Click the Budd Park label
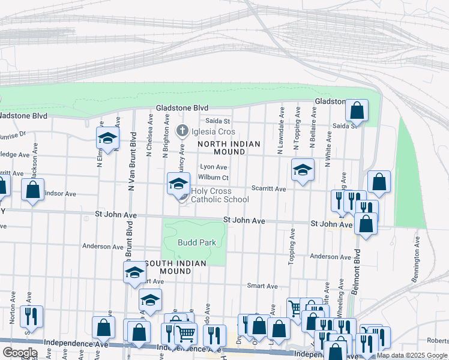click(196, 242)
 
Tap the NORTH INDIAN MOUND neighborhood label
click(229, 148)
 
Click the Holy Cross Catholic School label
click(220, 196)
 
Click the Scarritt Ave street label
click(268, 188)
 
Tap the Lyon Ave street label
click(214, 167)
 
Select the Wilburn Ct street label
click(213, 178)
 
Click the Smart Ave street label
click(264, 286)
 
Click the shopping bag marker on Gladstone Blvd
click(357, 112)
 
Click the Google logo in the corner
click(19, 353)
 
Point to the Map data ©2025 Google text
click(412, 355)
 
